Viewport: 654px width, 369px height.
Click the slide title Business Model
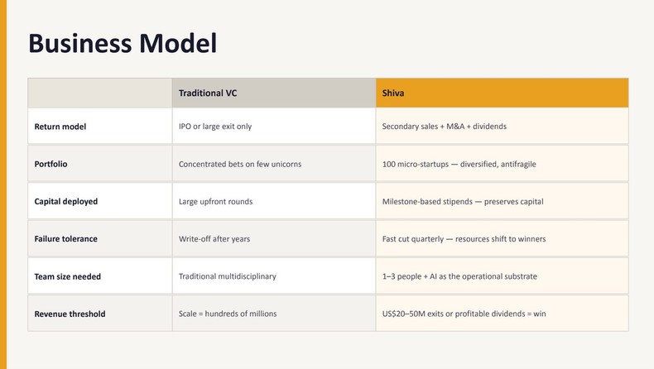tap(123, 43)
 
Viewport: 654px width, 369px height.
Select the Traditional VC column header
tap(213, 93)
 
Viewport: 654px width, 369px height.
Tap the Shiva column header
tap(393, 93)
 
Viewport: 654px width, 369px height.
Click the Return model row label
tap(60, 127)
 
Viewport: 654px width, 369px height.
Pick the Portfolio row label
tap(50, 164)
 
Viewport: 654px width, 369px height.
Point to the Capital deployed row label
tap(65, 201)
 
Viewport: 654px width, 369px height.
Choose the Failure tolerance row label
tap(65, 239)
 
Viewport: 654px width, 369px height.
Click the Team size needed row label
tap(67, 276)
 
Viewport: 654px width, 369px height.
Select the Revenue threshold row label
tap(70, 314)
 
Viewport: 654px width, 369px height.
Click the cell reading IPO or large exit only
tap(215, 127)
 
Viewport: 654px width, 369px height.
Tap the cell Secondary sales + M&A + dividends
tap(444, 127)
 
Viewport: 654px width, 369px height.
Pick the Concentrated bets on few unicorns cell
tap(240, 164)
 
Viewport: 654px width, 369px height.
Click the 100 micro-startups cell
tap(459, 164)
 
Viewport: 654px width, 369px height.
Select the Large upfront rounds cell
tap(215, 201)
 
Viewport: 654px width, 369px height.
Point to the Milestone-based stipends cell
tap(462, 201)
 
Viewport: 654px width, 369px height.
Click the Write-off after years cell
tap(214, 239)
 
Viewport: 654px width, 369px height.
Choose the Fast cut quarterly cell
tap(464, 239)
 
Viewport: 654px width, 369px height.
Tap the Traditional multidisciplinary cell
tap(228, 276)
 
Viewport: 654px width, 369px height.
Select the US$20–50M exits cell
tap(464, 314)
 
